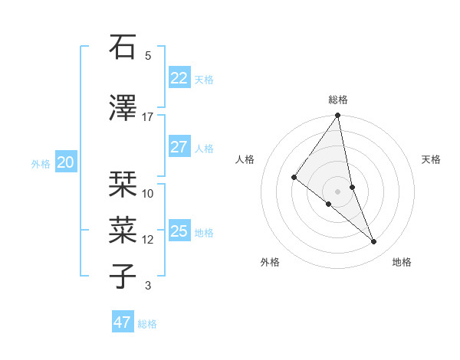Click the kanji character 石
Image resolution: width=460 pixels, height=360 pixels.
click(x=123, y=47)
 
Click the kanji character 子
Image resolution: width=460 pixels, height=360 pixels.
click(x=123, y=277)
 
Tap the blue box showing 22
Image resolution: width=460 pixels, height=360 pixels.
click(x=179, y=78)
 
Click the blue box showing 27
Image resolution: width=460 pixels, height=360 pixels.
click(x=179, y=147)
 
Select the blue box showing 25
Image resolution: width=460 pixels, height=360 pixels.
click(x=179, y=231)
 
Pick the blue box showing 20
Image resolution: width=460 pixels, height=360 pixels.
click(x=66, y=162)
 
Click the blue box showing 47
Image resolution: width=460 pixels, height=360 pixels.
click(x=123, y=322)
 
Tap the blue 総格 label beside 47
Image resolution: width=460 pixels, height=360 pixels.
click(x=147, y=324)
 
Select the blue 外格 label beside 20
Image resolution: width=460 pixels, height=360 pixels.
click(x=41, y=163)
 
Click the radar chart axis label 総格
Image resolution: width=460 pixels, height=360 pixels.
click(x=338, y=100)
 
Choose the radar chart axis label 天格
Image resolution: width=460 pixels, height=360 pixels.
click(x=432, y=159)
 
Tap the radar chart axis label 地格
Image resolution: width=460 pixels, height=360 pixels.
click(x=402, y=262)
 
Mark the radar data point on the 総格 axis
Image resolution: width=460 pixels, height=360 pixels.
click(x=338, y=116)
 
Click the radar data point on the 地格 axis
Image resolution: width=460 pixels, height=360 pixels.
click(x=374, y=242)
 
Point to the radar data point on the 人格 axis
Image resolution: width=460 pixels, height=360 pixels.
click(x=294, y=177)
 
